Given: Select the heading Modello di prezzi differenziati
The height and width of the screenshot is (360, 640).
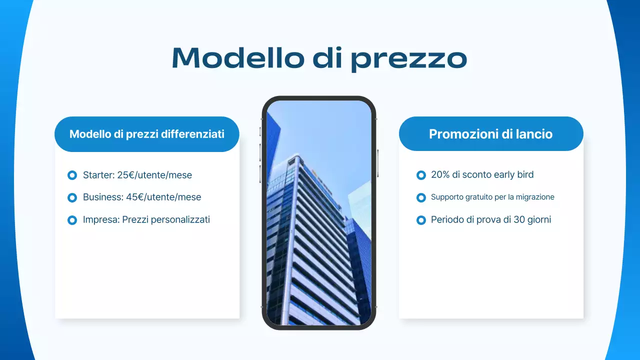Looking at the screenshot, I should pos(146,134).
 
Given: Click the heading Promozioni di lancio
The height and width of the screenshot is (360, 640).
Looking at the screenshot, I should pos(490,134).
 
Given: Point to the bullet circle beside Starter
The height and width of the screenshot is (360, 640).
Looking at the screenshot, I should pos(72,175).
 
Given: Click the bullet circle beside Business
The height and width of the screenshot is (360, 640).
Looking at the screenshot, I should pos(72,197).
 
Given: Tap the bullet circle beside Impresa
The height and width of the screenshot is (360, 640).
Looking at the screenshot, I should pos(72,220).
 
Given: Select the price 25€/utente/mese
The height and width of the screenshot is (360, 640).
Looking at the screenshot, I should pos(154,175).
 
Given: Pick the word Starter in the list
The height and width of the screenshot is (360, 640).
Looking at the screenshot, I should pos(98,175).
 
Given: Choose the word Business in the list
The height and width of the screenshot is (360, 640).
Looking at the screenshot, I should pos(102,197).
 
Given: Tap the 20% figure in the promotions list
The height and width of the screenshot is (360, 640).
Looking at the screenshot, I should pos(440,174).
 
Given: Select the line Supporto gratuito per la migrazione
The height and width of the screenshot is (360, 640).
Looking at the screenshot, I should pos(492,197).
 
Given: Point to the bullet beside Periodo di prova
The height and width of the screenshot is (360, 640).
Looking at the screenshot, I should pos(421,220).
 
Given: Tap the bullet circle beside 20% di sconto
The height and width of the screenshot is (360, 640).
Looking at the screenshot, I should pos(421,175).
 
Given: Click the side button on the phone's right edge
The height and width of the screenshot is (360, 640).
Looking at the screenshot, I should pos(377,162).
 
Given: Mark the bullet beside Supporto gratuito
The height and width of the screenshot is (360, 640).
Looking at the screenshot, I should pos(421,197).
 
